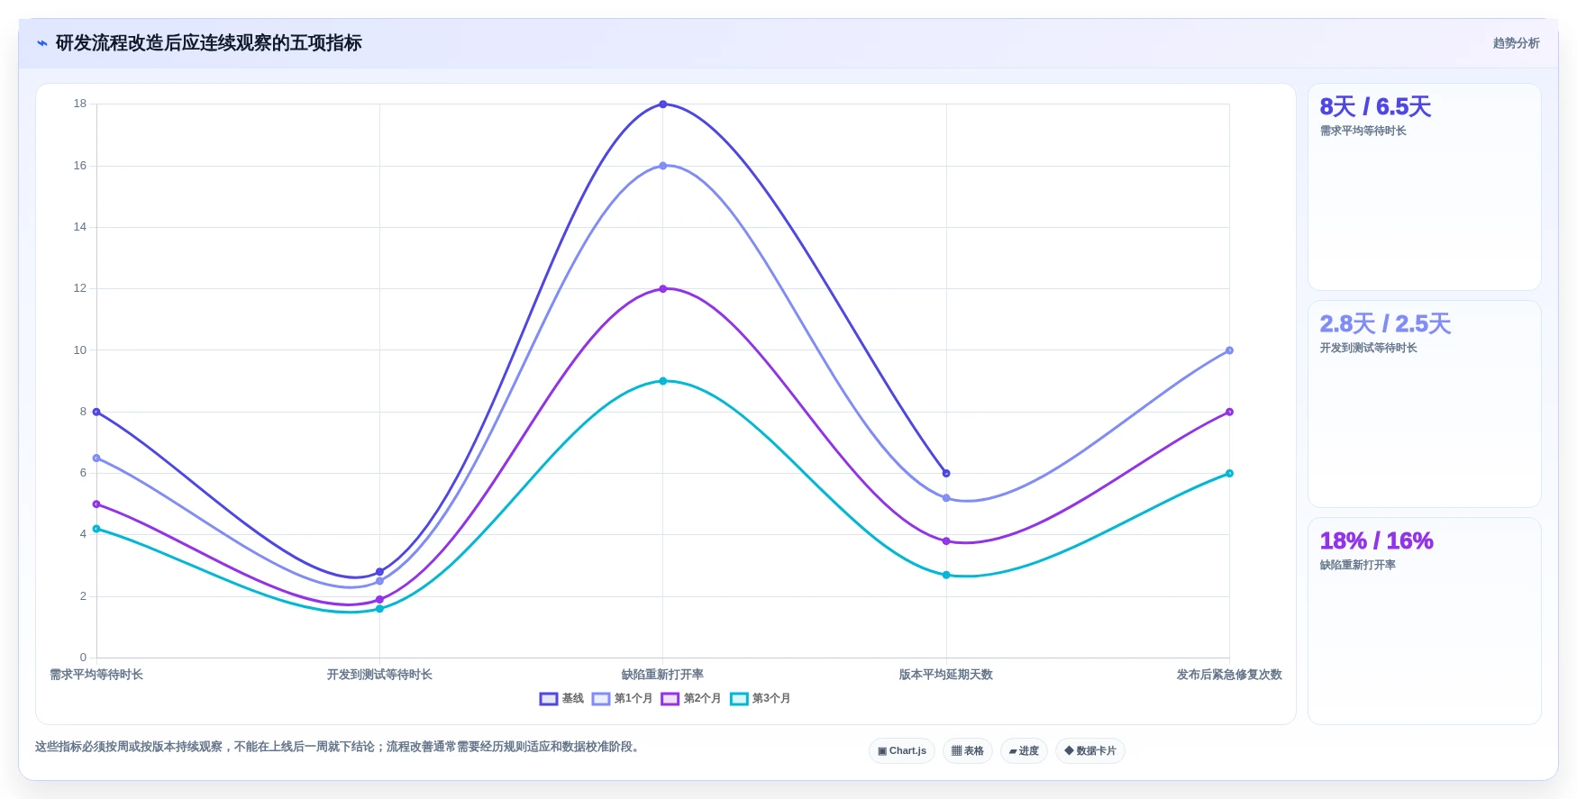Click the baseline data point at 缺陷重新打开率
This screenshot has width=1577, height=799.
663,104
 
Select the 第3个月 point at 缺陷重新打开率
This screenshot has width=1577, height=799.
663,381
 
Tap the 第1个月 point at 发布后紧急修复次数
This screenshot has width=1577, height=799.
1229,350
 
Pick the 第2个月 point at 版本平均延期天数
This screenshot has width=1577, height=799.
946,541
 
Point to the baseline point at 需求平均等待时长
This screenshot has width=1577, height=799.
96,412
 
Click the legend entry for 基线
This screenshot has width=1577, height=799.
561,699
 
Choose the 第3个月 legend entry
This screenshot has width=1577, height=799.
761,699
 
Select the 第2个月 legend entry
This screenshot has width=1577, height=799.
691,699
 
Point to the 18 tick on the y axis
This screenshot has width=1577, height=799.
80,104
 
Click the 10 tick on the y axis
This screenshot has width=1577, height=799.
80,350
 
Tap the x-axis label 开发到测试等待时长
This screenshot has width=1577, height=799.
379,675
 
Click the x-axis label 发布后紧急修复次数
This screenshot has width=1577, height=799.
1229,675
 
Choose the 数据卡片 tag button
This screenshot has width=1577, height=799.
1090,750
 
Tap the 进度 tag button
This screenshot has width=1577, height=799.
1024,750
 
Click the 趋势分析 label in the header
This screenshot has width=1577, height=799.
1516,43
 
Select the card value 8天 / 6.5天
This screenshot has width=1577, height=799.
1375,107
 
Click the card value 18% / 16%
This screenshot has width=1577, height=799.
1376,540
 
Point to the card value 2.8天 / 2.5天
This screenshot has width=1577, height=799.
1385,324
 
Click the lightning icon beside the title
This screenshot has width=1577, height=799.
42,43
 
